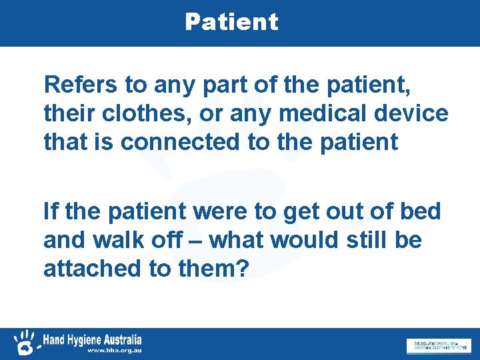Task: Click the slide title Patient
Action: pyautogui.click(x=231, y=22)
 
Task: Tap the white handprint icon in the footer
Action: pyautogui.click(x=25, y=341)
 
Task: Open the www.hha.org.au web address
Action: pyautogui.click(x=114, y=350)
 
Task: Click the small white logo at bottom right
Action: pyautogui.click(x=437, y=345)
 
